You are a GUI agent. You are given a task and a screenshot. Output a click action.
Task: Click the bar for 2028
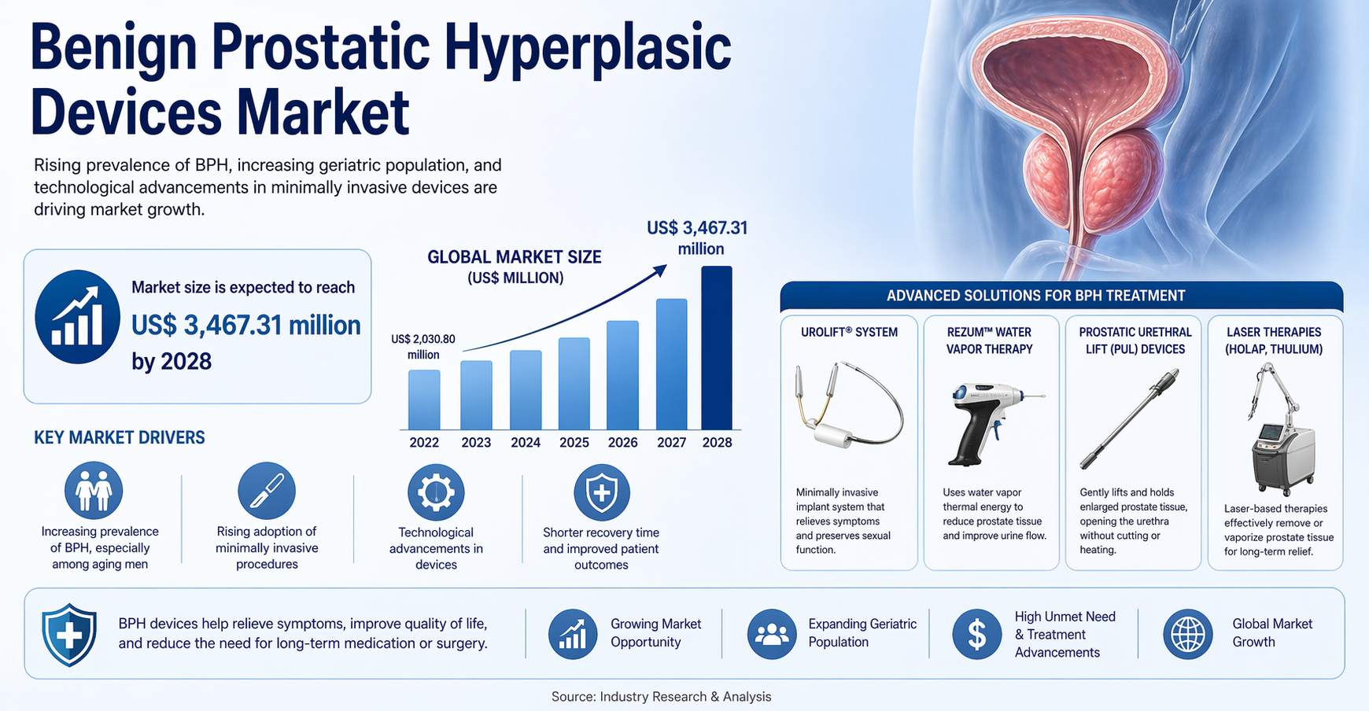coord(716,348)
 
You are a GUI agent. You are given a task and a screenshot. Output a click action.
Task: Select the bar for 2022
coord(424,400)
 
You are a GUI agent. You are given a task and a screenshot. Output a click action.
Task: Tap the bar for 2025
coord(574,384)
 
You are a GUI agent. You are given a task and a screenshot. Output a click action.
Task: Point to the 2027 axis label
coord(672,443)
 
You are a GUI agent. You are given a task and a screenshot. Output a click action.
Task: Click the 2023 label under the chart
coord(476,443)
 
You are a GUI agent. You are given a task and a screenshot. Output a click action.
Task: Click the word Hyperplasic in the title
coord(588,48)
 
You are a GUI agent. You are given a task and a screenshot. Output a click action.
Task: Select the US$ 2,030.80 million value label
coord(423,347)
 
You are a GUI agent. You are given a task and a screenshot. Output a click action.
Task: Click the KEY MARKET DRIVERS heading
coord(120,438)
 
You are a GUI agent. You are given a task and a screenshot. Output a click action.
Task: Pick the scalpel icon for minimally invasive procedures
coord(267,491)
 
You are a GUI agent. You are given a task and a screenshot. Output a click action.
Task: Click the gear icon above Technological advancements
coord(436,492)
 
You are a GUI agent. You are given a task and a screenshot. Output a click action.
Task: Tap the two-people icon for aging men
coord(94,490)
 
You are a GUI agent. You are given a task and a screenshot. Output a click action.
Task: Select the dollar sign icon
coord(976,634)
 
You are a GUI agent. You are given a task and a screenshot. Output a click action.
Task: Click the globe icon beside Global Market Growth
coord(1187,634)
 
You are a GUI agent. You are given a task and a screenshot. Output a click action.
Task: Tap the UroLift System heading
coord(849,333)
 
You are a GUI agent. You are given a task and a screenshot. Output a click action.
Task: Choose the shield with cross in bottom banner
coord(69,635)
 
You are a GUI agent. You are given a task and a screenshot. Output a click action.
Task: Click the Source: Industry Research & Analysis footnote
coord(662,697)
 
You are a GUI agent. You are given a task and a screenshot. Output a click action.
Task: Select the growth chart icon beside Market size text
coord(77,317)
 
